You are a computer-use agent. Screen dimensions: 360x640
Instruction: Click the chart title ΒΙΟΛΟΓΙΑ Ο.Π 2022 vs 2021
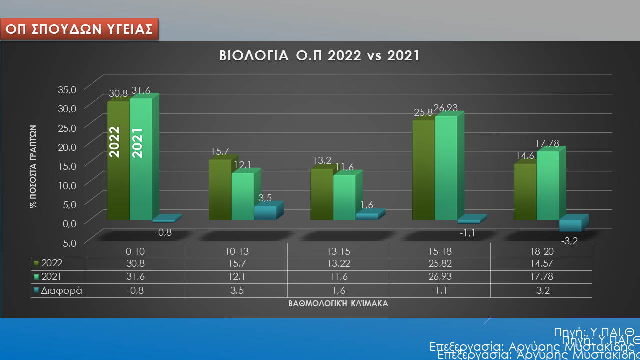pyautogui.click(x=319, y=55)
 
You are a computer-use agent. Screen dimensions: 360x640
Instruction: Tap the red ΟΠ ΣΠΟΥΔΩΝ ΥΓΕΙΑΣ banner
pyautogui.click(x=79, y=29)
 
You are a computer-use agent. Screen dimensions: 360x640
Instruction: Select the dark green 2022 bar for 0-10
pyautogui.click(x=118, y=160)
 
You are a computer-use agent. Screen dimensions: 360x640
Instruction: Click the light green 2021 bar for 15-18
pyautogui.click(x=446, y=167)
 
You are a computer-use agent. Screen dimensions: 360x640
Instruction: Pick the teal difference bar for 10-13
pyautogui.click(x=265, y=212)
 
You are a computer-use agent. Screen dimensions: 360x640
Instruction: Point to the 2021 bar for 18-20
pyautogui.click(x=547, y=185)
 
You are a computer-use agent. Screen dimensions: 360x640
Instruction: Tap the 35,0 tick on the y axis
pyautogui.click(x=68, y=90)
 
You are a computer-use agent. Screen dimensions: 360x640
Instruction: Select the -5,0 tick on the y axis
pyautogui.click(x=68, y=243)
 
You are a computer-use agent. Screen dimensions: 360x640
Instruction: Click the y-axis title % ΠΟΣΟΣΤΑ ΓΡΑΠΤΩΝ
pyautogui.click(x=32, y=166)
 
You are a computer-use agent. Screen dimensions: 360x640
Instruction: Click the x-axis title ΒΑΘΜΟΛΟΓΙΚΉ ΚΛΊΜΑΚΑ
pyautogui.click(x=338, y=303)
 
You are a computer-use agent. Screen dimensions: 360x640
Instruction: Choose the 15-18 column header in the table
pyautogui.click(x=440, y=250)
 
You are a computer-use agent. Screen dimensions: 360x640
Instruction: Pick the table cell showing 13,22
pyautogui.click(x=338, y=263)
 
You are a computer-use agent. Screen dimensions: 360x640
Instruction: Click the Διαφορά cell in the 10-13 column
pyautogui.click(x=236, y=290)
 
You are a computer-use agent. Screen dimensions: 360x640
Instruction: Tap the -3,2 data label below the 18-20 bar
pyautogui.click(x=570, y=241)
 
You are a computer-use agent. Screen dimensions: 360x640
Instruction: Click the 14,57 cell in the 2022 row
pyautogui.click(x=541, y=263)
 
